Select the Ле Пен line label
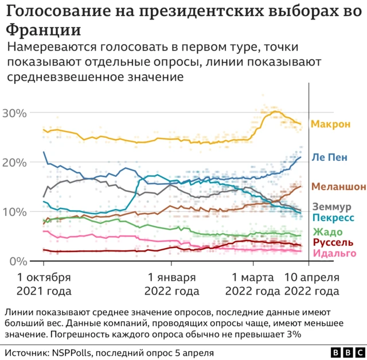click(329, 157)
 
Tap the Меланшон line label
click(338, 187)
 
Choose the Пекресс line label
click(332, 217)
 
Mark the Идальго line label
click(333, 253)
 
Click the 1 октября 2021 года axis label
click(44, 285)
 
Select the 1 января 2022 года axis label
click(173, 285)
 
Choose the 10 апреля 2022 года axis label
click(313, 285)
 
